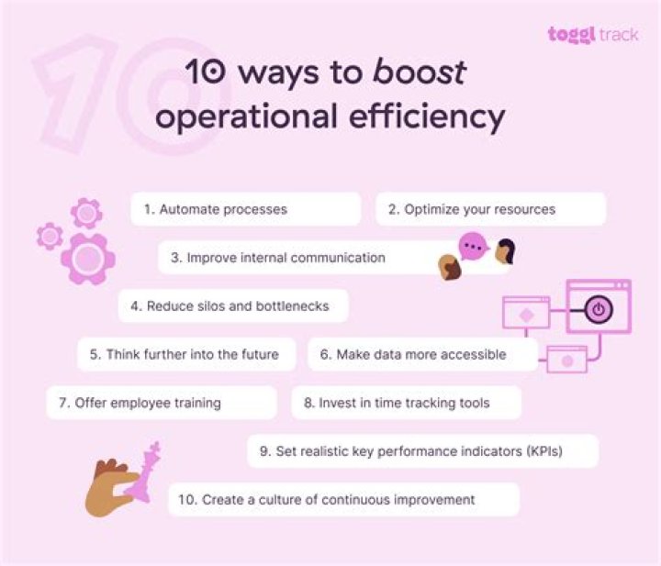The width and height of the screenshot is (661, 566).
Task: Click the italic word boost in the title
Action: [420, 72]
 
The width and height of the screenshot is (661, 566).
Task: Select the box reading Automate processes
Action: [245, 209]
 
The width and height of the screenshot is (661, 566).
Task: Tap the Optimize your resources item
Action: [490, 209]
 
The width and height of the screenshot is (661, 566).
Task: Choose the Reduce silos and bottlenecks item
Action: [233, 306]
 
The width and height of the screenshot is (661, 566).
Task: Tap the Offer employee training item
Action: [162, 403]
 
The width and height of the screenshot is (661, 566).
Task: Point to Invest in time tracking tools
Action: [406, 403]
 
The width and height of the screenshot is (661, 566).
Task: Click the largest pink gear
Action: [88, 260]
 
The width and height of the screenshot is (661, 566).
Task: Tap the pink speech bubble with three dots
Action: [473, 247]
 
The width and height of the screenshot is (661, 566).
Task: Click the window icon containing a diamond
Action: [526, 314]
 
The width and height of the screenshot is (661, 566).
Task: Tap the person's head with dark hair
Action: [504, 250]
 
